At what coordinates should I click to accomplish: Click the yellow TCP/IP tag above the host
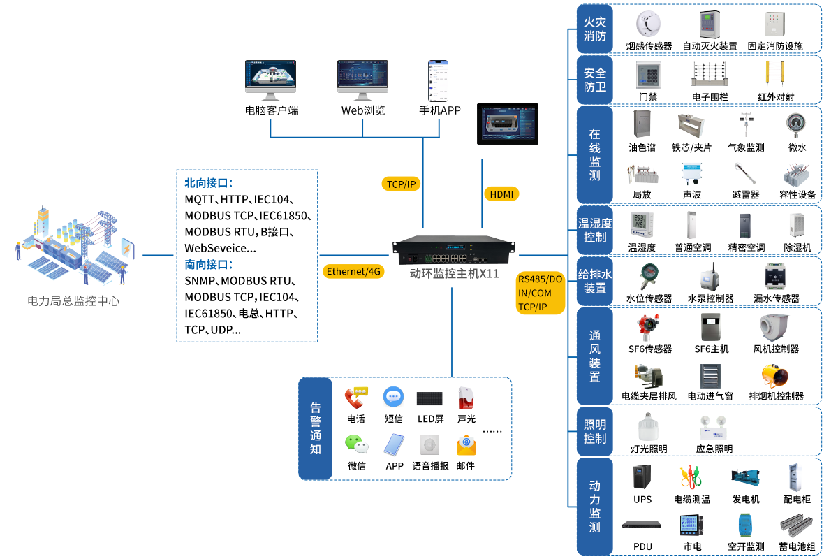click(402, 184)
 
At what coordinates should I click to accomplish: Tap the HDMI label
click(501, 194)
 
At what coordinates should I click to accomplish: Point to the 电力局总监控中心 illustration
click(75, 245)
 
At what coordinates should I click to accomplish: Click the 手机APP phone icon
click(437, 81)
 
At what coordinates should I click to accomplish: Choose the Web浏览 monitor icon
click(362, 78)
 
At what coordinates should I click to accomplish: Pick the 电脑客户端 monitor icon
click(271, 78)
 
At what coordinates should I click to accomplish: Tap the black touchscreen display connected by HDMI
click(509, 125)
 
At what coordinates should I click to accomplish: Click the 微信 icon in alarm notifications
click(356, 444)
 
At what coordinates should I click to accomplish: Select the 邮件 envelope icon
click(466, 445)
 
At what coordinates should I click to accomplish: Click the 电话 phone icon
click(356, 398)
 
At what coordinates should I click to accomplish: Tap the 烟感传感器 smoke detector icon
click(649, 24)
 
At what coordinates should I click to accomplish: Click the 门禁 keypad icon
click(647, 75)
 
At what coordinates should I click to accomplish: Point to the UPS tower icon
click(642, 477)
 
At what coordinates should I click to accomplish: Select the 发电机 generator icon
click(745, 477)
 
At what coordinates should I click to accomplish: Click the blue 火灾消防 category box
click(594, 29)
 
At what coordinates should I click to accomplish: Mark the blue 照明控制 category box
click(594, 431)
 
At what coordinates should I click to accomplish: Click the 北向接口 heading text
click(208, 183)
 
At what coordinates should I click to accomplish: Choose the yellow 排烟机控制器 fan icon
click(775, 375)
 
